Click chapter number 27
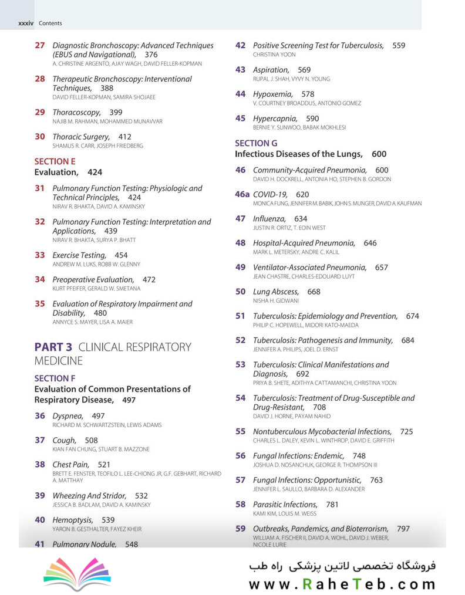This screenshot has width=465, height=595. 39,45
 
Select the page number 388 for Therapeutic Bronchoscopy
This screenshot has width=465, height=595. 107,88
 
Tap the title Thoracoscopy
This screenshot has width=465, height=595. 76,112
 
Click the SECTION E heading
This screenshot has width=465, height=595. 55,161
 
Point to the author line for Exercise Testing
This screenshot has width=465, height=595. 96,264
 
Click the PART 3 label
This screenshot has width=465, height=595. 53,347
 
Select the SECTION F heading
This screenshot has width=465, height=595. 55,378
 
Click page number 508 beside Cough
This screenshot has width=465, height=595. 91,440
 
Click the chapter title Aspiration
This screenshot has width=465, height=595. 271,70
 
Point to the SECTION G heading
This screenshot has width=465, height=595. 256,143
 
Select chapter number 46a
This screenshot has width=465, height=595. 242,194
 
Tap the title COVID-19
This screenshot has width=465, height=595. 270,194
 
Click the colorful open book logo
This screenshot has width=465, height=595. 77,573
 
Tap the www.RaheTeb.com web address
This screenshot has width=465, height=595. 342,584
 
